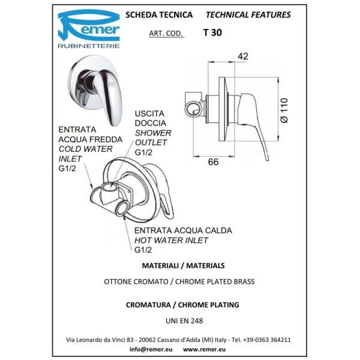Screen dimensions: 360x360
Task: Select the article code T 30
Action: [212, 34]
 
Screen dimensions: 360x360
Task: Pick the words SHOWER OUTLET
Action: [152, 138]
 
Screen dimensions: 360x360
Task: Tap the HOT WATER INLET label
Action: [171, 240]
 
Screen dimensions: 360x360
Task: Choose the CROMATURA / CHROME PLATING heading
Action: [182, 305]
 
